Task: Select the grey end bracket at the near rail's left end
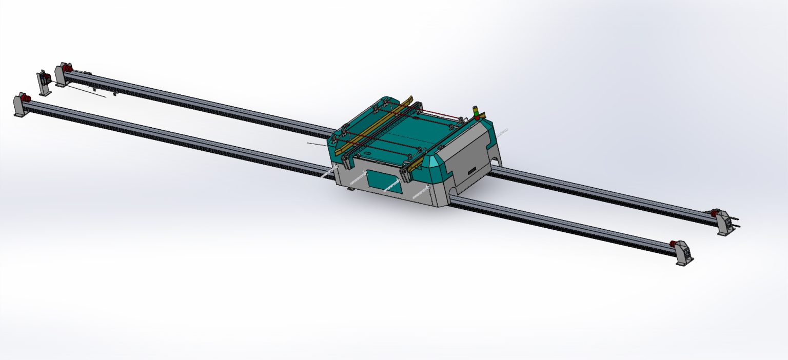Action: coord(19,107)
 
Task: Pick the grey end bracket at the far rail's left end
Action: coord(59,77)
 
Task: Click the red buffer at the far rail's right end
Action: coord(714,212)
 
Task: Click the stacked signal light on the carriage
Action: coord(476,113)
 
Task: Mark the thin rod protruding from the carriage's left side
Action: coord(318,145)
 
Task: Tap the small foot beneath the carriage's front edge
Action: coord(350,189)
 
